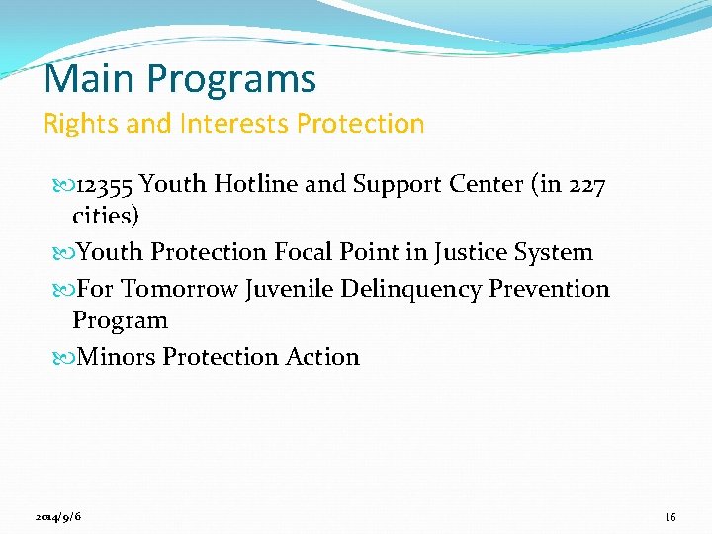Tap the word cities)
click(106, 217)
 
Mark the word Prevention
click(550, 289)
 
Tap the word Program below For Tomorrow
click(120, 321)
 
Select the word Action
click(322, 357)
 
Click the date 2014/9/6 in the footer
click(58, 517)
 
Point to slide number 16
click(670, 517)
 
